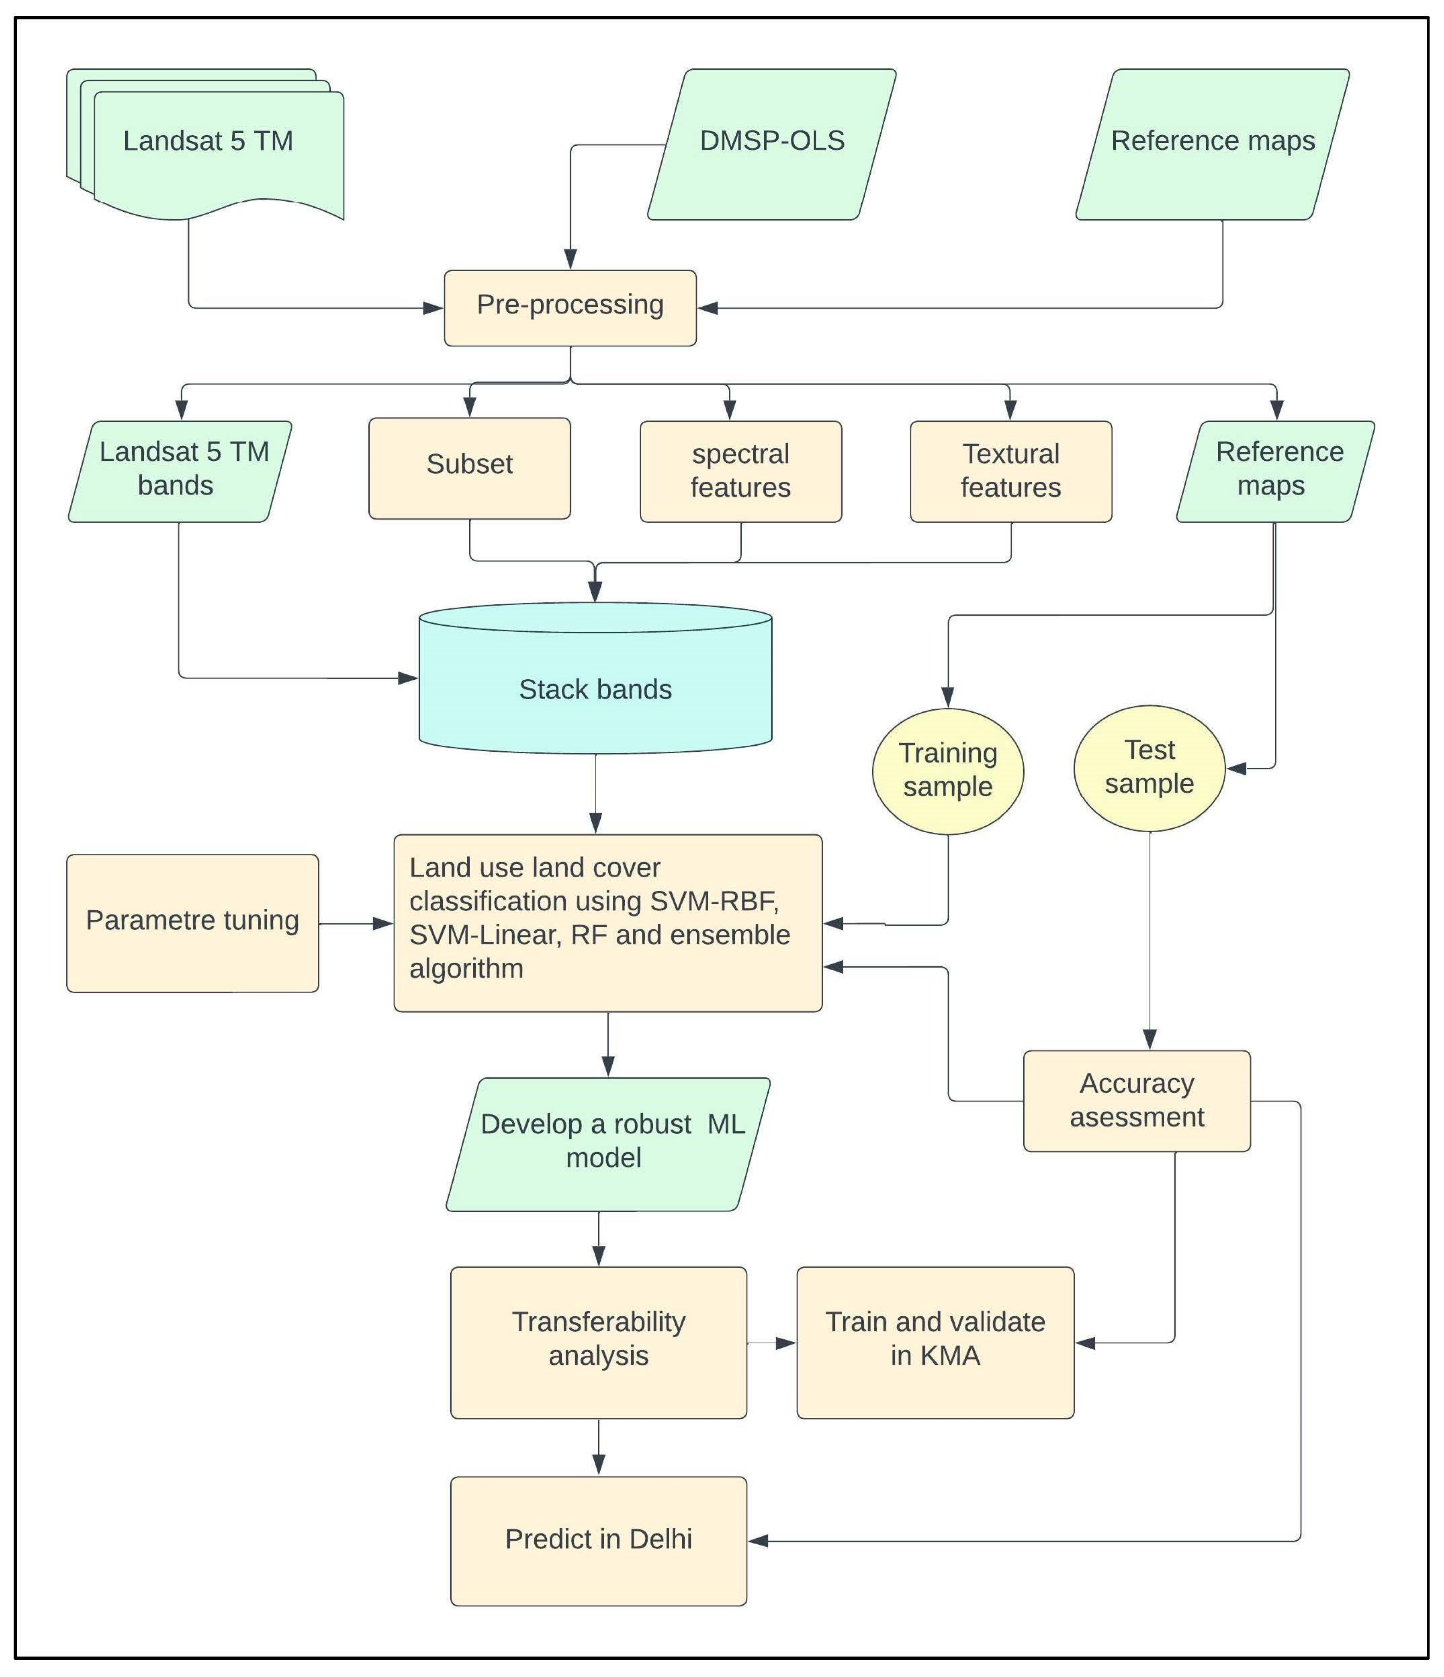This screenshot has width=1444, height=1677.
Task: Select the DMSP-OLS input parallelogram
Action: (771, 144)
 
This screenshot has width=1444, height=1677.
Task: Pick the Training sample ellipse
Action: (948, 770)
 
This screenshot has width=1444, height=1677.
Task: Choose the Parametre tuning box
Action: (193, 923)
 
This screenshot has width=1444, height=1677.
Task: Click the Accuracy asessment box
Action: (1137, 1101)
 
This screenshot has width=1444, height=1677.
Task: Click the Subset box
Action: (469, 468)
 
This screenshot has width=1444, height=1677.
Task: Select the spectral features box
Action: (741, 471)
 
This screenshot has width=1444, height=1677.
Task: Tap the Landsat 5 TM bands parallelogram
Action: (180, 471)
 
